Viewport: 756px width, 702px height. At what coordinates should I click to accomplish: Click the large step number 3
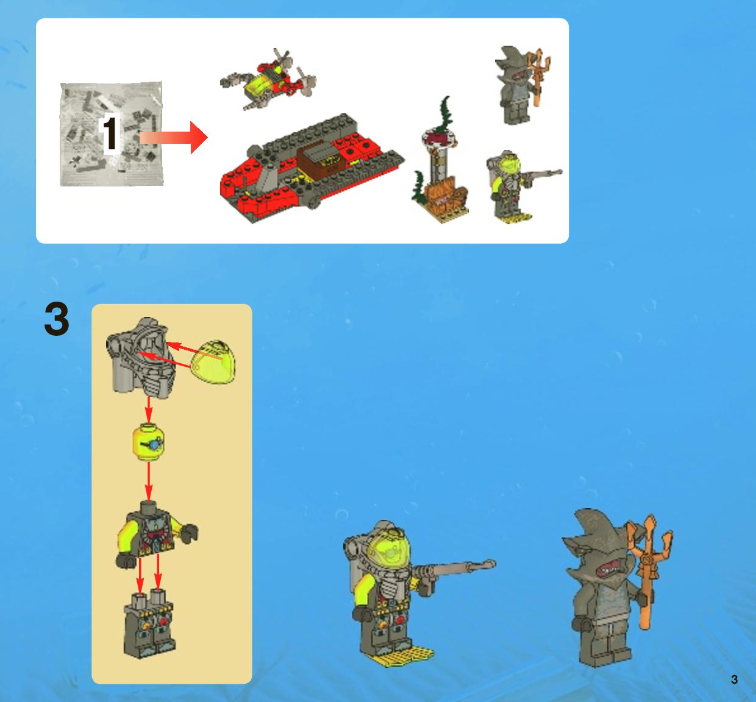coord(57,319)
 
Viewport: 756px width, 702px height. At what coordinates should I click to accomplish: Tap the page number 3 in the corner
coord(734,679)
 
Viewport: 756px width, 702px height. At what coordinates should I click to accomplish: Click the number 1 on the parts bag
coord(110,133)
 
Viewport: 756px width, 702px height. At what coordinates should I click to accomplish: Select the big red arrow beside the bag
coord(174,137)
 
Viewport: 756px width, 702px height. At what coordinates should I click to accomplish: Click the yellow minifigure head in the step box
coord(149,442)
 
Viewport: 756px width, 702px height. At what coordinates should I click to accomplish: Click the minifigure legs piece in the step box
coord(149,623)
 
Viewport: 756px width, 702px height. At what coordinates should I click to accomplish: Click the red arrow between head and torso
coord(149,481)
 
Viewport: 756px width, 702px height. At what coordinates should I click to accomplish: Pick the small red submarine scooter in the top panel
coord(268,79)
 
